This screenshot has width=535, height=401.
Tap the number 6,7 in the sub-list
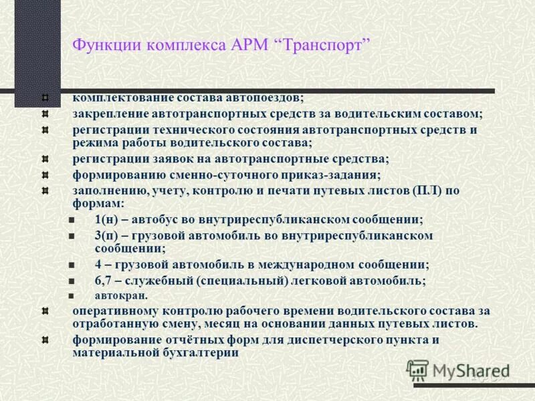(104, 280)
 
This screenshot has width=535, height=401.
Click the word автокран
(121, 295)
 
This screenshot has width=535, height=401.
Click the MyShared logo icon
(418, 370)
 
